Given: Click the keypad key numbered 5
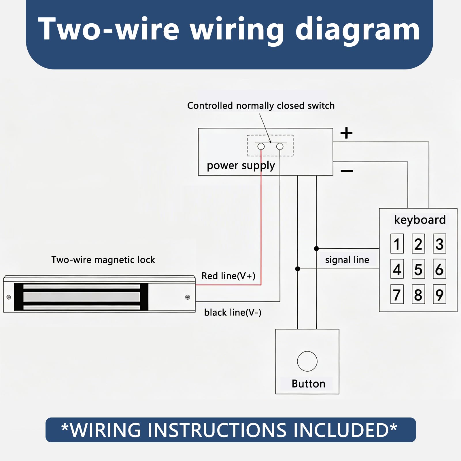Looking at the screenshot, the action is point(418,269).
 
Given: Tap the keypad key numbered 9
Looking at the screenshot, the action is point(439,294).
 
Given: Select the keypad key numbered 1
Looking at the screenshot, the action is point(397,244).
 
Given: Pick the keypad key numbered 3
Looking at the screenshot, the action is point(439,244).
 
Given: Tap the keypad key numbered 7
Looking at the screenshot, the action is point(397,294).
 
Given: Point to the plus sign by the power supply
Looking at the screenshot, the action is point(346,133).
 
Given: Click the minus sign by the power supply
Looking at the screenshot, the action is point(347,171).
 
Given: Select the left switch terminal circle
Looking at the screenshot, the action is point(261,146).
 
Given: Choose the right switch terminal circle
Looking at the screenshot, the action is point(280,146).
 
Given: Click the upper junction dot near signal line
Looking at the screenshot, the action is point(316,248).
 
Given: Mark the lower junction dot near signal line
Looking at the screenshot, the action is point(298,269).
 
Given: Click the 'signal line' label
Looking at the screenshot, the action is point(347,260).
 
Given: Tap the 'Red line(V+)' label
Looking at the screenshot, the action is point(228,276).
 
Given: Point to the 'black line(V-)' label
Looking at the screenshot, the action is point(233,312).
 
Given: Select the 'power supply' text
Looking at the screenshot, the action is point(241,166).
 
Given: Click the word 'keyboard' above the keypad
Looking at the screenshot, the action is point(420,220).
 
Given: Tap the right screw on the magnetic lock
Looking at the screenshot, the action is point(188,297).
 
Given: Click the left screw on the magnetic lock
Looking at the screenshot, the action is point(9,297).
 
